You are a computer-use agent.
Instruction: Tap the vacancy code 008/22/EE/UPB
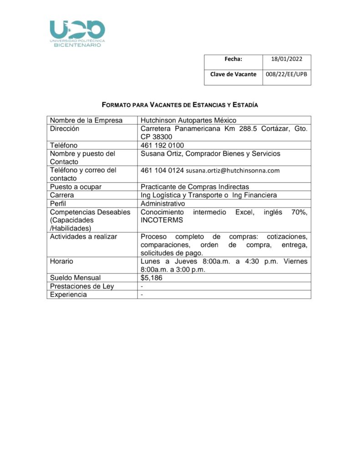pos(287,74)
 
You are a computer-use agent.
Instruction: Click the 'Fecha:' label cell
pos(233,59)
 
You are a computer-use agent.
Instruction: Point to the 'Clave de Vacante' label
pos(233,74)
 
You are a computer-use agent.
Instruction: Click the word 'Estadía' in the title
pos(245,105)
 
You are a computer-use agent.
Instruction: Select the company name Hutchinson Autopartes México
pos(188,121)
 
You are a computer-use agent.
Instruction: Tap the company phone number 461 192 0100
pos(162,145)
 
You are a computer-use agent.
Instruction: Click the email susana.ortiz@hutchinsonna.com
pos(233,171)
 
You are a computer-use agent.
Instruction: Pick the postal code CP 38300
pos(156,137)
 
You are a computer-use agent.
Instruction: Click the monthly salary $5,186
pos(151,278)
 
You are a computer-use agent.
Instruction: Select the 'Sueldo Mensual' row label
pos(75,278)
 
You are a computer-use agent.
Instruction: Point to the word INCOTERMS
pos(162,220)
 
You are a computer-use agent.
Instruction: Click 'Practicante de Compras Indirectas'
pos(195,187)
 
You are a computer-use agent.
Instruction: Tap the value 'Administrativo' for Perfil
pos(163,203)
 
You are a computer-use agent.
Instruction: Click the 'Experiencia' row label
pos(69,294)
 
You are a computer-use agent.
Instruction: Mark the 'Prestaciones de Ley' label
pos(82,286)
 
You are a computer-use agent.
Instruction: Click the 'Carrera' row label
pos(62,195)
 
